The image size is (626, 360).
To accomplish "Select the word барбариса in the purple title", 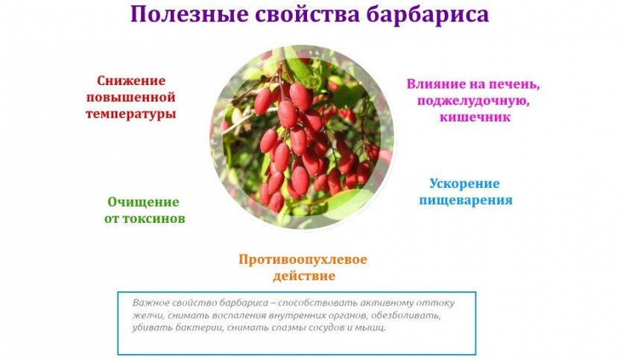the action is [x=428, y=15].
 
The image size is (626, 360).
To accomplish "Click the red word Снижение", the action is [x=131, y=80].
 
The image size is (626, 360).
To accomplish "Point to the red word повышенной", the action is [x=131, y=98].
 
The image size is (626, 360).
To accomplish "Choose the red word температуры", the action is [x=131, y=115].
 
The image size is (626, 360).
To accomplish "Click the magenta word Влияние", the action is [x=431, y=84].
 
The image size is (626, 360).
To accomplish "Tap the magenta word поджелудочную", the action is [x=473, y=101].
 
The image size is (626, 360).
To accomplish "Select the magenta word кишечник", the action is [x=475, y=117].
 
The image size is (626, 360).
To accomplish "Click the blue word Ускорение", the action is [x=465, y=183].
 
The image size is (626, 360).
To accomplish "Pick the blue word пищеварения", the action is [x=466, y=200].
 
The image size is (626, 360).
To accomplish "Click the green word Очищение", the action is [x=143, y=202].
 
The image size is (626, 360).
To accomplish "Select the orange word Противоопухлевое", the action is [x=303, y=259].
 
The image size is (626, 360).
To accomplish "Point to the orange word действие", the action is [x=304, y=277].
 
